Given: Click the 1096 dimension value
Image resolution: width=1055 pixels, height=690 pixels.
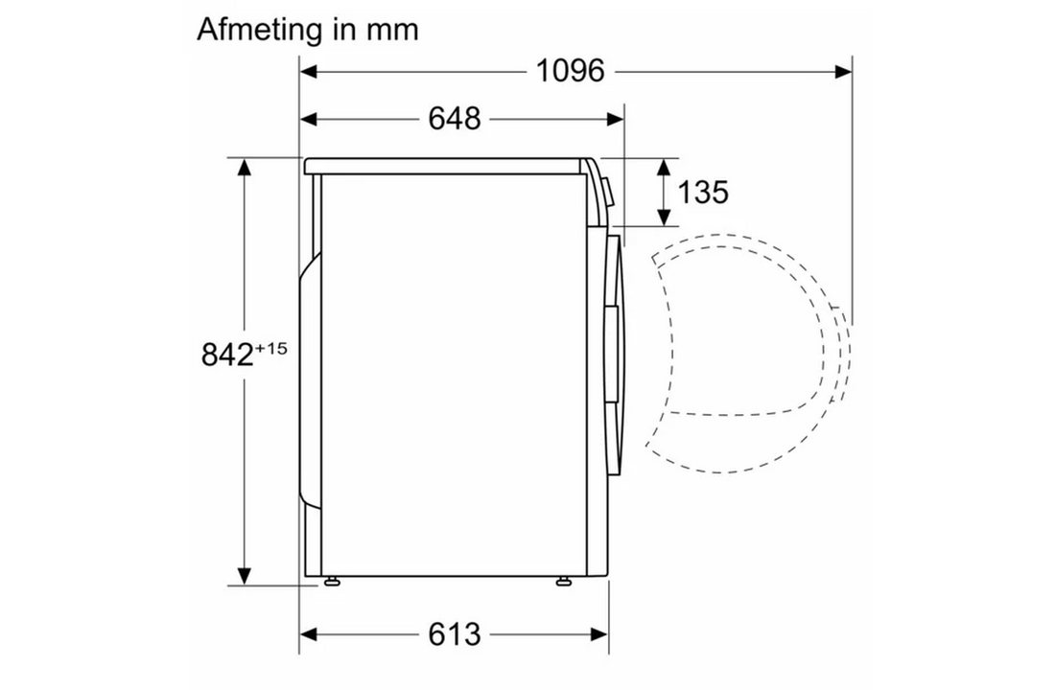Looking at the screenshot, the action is coord(570,71).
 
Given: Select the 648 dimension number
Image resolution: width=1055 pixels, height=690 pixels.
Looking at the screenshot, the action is coord(455,119).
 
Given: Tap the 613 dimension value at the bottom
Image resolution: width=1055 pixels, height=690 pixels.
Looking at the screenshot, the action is coord(455,634).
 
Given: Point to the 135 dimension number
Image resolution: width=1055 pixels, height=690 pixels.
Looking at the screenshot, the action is coord(702,193).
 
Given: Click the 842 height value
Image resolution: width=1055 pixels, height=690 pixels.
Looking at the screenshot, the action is coord(227,355).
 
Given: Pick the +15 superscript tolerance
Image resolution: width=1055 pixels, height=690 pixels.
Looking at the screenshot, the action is coord(271,349).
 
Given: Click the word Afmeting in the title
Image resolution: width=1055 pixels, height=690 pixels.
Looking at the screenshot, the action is coord(259,31).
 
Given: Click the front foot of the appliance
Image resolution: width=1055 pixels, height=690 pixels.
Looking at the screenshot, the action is coord(564,581).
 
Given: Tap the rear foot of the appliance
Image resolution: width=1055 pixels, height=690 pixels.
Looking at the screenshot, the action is coord(331,581).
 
